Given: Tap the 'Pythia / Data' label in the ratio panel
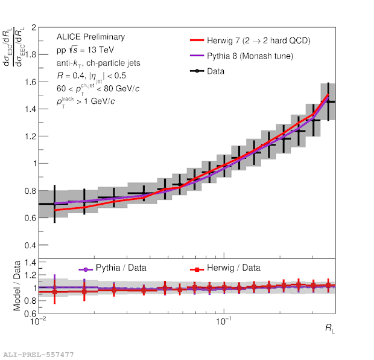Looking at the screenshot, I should click(x=121, y=268).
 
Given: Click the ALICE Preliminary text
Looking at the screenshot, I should click(x=90, y=37).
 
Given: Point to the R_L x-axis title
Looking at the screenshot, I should click(x=328, y=328).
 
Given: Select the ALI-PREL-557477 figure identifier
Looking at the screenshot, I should click(x=39, y=354).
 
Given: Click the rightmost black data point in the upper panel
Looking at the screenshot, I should click(x=328, y=102).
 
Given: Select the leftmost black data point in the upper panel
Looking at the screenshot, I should click(x=55, y=204).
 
